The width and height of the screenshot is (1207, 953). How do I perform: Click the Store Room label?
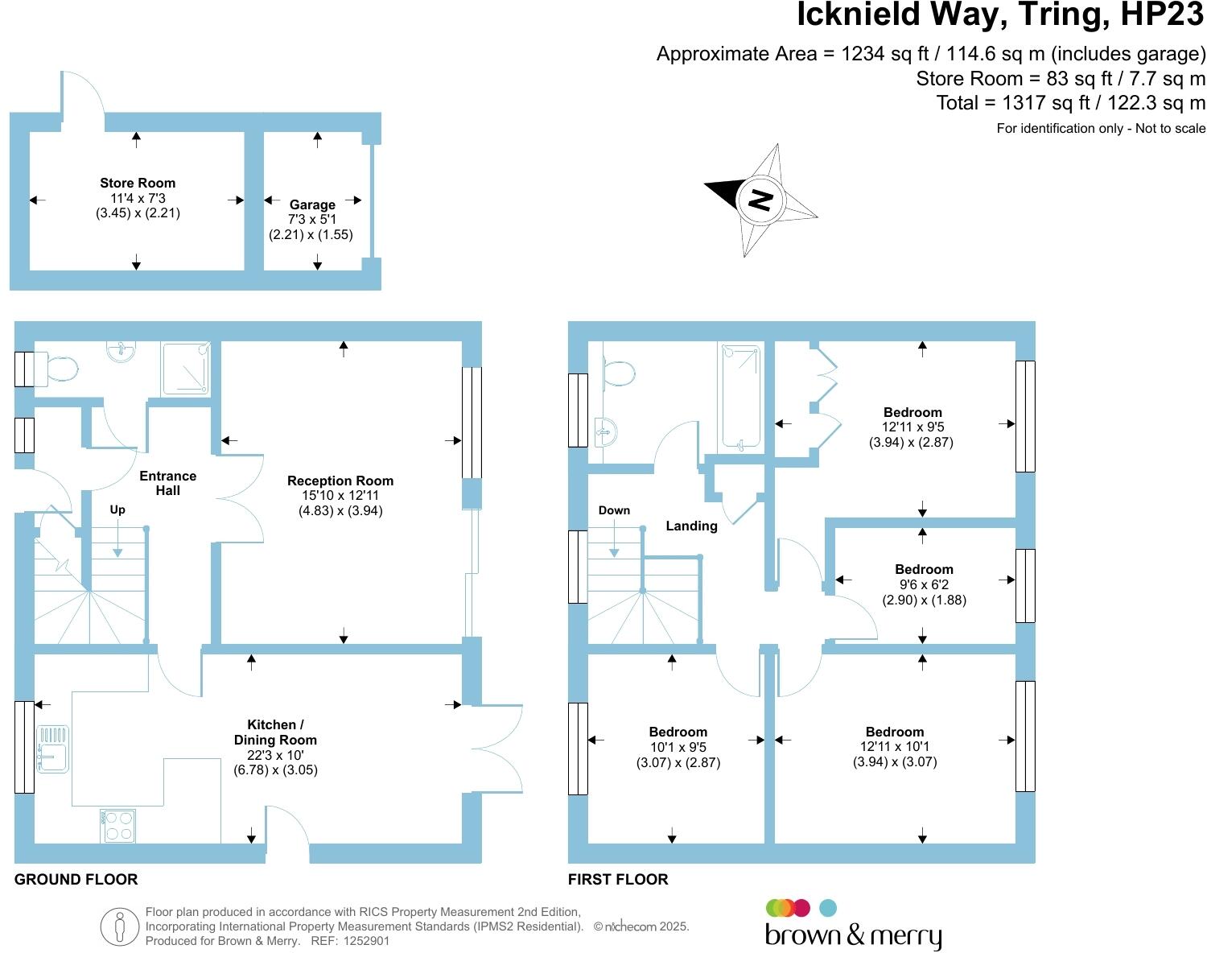138,184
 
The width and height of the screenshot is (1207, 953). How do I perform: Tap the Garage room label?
312,205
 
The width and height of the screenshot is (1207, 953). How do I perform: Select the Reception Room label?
340,481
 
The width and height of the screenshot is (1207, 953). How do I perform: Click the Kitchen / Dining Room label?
275,732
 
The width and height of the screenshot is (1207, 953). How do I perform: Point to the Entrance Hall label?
167,483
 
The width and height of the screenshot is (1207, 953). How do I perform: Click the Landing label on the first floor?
691,526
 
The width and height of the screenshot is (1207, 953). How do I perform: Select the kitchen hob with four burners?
118,826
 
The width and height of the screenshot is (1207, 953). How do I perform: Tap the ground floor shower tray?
186,369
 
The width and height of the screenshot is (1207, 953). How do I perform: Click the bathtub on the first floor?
740,396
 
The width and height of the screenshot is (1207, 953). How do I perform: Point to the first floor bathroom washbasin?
605,432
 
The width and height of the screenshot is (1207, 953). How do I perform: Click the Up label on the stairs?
117,510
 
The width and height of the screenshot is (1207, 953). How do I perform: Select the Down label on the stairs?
614,510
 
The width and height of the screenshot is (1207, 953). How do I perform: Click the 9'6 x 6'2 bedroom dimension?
924,585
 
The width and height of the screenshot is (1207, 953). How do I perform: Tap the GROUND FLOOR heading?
76,880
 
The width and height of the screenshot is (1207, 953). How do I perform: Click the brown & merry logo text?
853,936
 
